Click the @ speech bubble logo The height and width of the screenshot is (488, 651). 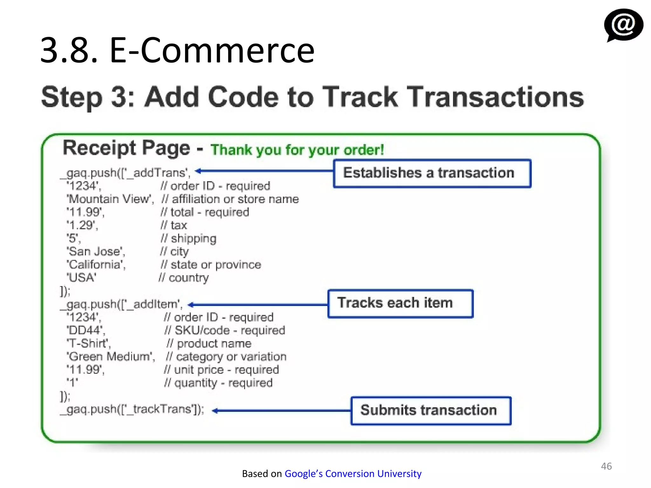(623, 25)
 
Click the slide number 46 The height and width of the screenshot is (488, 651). (606, 466)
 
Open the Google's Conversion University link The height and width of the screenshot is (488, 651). (353, 473)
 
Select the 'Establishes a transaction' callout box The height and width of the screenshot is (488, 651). (432, 173)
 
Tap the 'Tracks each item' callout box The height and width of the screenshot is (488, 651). (400, 303)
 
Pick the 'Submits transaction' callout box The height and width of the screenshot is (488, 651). (431, 410)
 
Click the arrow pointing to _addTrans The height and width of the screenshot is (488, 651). (264, 171)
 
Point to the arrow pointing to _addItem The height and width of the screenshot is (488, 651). (257, 305)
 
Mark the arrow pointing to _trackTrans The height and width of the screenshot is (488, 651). (281, 411)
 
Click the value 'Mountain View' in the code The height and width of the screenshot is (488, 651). (110, 199)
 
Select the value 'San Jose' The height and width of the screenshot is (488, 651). (96, 252)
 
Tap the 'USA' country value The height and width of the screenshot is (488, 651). (82, 278)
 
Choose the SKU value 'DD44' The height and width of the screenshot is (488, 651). (86, 330)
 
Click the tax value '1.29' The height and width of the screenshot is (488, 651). (82, 225)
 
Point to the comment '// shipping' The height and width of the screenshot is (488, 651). (188, 238)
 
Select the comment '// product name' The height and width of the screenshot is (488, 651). (209, 343)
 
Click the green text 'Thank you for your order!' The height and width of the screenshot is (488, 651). (297, 150)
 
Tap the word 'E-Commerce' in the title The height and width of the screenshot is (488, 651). (212, 50)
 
